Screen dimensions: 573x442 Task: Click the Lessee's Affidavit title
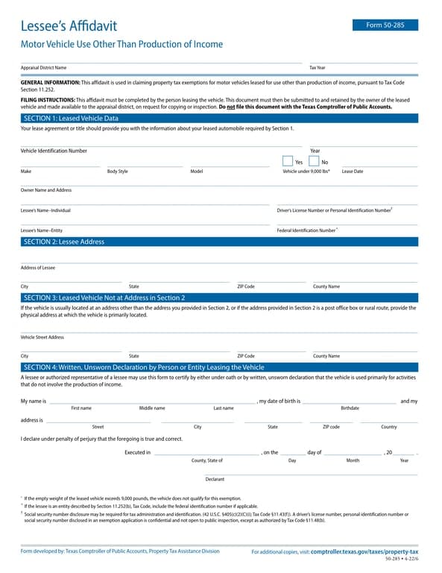click(x=69, y=26)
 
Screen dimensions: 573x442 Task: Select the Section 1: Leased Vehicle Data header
click(x=71, y=118)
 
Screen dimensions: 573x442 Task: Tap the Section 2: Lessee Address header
click(x=64, y=242)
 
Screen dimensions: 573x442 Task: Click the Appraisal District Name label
click(x=43, y=68)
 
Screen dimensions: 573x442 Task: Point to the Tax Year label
click(x=318, y=68)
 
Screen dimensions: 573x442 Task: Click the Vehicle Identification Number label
click(x=54, y=151)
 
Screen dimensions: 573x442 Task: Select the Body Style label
click(x=117, y=172)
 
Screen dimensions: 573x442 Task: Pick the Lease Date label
click(x=353, y=172)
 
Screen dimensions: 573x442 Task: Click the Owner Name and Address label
click(x=46, y=190)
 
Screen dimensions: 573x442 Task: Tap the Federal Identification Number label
click(x=306, y=231)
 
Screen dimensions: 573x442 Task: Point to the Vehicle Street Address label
click(x=42, y=337)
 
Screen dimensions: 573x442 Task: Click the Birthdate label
click(x=350, y=408)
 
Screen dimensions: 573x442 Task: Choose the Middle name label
click(x=152, y=408)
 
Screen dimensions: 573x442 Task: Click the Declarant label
click(x=215, y=479)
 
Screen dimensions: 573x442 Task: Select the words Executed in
click(x=137, y=452)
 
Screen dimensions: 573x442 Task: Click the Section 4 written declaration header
click(x=144, y=367)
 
